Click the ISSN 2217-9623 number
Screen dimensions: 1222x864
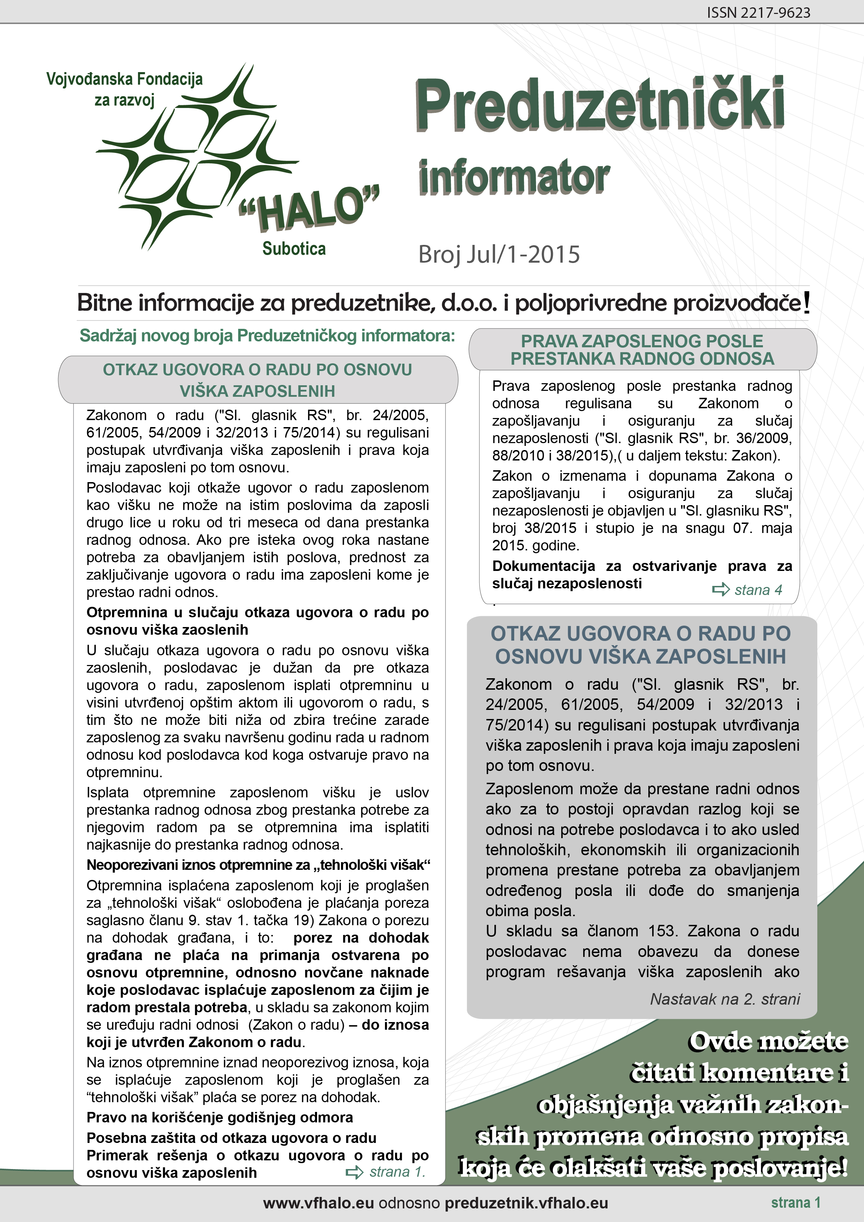pos(758,13)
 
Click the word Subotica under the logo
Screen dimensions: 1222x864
pos(294,249)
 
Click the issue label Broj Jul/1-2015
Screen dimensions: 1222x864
pos(499,254)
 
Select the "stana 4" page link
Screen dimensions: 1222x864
pos(758,590)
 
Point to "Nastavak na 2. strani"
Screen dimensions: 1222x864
pos(725,999)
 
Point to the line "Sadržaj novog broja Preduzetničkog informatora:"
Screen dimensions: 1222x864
pos(267,336)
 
